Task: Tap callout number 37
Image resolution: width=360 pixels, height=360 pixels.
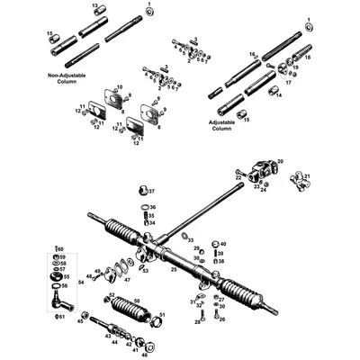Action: [151, 192]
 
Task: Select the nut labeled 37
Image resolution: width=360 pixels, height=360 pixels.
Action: [141, 191]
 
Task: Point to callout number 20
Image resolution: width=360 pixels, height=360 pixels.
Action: [280, 161]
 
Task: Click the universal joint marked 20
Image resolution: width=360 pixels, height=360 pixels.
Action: [264, 170]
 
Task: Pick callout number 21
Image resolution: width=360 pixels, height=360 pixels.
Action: [306, 176]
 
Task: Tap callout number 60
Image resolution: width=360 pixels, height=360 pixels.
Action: [61, 247]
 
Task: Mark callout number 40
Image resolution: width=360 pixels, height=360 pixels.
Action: [224, 244]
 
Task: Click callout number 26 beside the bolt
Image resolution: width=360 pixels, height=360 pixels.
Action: [222, 319]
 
